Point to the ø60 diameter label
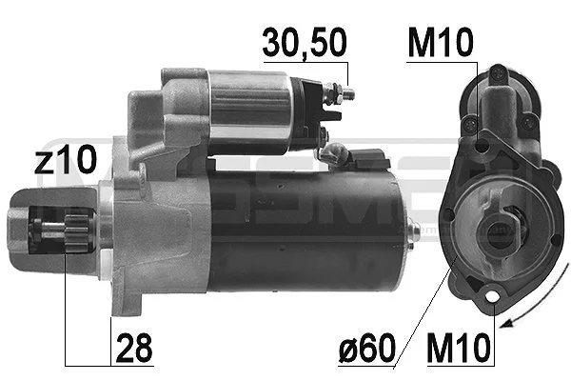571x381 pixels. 365,349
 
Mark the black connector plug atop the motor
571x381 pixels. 366,158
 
